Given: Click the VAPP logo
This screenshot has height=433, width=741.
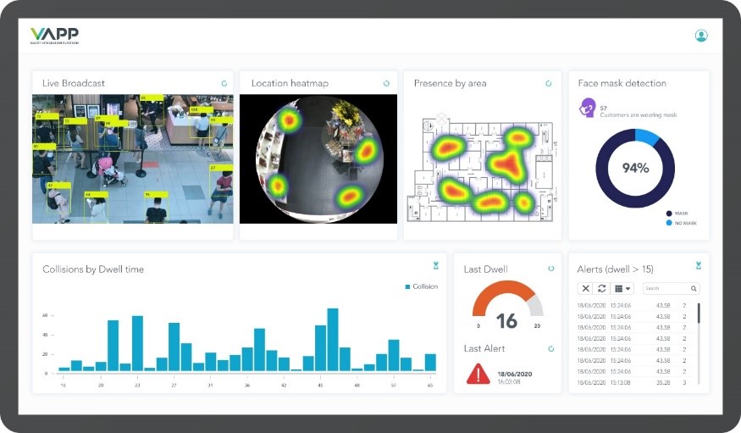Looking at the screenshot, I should coord(54,35).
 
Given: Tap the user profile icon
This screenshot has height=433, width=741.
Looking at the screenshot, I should coord(700,36).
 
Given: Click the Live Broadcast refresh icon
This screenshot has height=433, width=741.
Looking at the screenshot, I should coord(224,83).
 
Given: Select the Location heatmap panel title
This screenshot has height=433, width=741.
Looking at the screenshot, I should coord(290,83).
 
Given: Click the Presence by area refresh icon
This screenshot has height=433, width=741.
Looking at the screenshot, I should coord(548,83).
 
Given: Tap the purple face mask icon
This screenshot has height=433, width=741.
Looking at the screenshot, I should coord(586,109).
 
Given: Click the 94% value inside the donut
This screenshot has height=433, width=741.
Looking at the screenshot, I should coord(635,168).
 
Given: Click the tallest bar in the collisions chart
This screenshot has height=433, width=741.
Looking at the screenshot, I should coord(333,340).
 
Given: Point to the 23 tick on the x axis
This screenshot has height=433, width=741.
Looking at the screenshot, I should coord(137,385).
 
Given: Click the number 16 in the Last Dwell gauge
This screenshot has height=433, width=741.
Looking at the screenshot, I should coord(506,321).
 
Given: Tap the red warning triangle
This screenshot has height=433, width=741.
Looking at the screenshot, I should coord(478,373).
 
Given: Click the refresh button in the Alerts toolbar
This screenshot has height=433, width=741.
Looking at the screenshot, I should coord(601,289).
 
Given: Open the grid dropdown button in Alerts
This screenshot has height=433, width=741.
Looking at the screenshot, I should coord(622,289).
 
